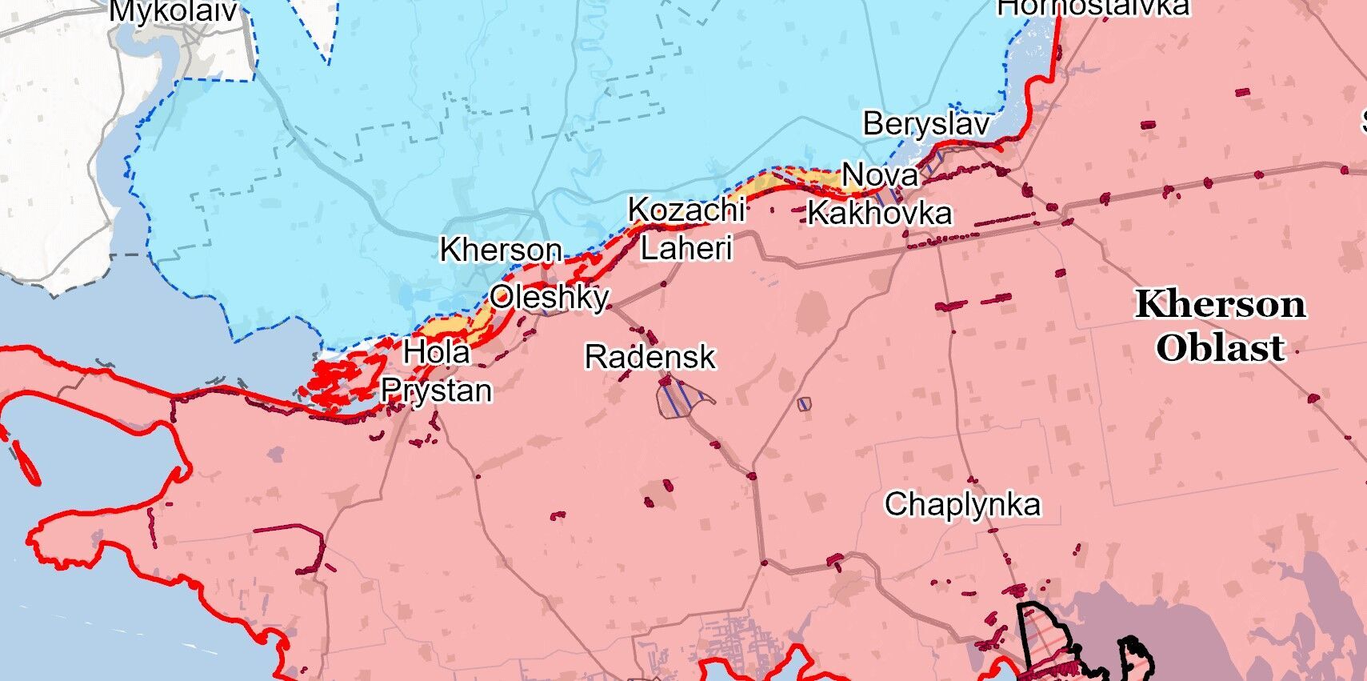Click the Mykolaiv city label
174,10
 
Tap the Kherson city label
501,250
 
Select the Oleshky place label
550,297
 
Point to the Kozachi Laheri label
686,229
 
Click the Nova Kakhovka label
880,194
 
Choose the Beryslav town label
926,124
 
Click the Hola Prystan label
437,371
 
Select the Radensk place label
650,357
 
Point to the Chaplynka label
962,504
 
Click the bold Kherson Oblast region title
1221,326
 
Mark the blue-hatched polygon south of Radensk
682,399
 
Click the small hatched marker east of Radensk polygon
804,404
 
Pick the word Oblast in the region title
1221,348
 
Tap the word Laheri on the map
686,248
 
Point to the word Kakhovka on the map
880,213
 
